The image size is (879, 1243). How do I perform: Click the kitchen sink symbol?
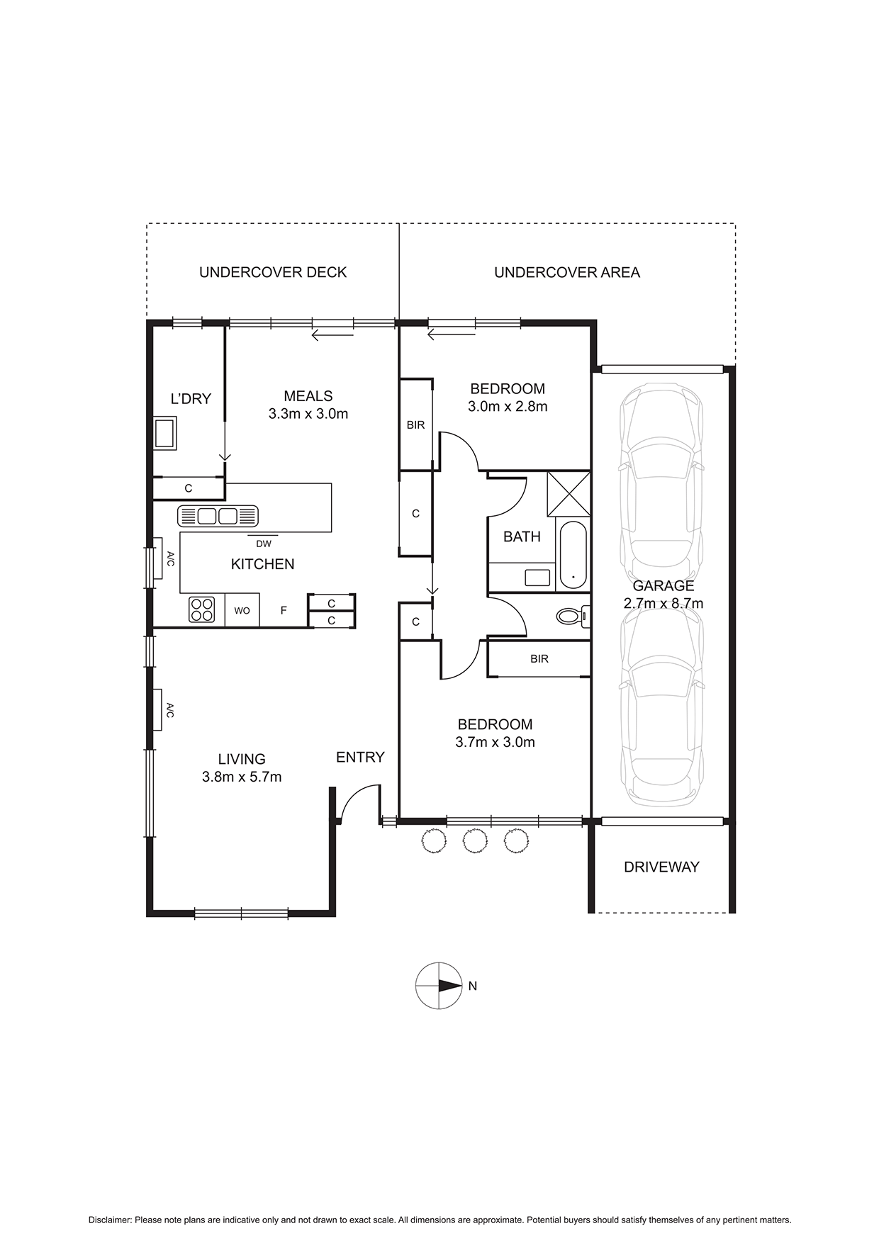point(218,515)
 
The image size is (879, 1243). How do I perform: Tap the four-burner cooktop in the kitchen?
point(201,609)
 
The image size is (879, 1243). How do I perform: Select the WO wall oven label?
point(242,610)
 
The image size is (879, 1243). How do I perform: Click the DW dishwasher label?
point(264,544)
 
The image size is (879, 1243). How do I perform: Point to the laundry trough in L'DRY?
point(164,433)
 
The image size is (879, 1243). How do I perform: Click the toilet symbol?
point(571,616)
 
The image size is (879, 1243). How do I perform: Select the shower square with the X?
point(569,493)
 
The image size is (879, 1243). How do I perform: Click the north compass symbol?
point(439,986)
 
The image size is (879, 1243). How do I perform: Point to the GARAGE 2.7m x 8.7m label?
point(663,595)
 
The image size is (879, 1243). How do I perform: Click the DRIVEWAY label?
point(661,867)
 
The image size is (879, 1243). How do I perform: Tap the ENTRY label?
point(360,758)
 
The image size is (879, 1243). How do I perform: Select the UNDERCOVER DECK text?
point(273,272)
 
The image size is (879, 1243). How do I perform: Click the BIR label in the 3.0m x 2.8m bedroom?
point(415,425)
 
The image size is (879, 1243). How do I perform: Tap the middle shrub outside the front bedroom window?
point(475,841)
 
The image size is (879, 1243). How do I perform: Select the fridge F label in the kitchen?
point(284,610)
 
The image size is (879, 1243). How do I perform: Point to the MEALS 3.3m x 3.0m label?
point(308,405)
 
